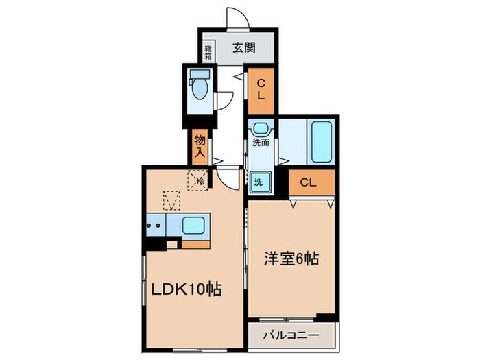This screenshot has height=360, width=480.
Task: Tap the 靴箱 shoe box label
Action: coord(207,51)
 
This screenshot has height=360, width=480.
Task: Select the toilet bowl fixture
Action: coord(201,90)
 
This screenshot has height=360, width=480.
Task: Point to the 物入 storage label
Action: coord(200,145)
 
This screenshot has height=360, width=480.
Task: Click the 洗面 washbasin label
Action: coord(261,144)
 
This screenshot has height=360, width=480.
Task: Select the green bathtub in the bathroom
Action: coord(321,141)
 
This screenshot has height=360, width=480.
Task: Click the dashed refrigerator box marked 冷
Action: coord(197,181)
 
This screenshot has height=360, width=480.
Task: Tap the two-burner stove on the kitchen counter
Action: coord(155,224)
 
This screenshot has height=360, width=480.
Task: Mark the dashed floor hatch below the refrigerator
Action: coord(171,202)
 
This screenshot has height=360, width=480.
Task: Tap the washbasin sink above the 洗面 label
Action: coord(261,128)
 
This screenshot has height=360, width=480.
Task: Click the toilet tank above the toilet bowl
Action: coord(201,74)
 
